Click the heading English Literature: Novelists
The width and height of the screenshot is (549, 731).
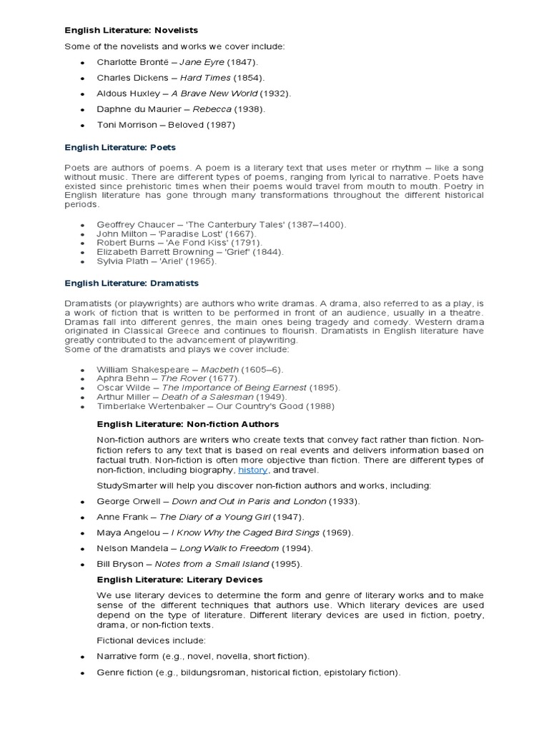click(x=132, y=30)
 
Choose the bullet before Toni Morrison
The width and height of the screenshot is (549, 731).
click(x=82, y=126)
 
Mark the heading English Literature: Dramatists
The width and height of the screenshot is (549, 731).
click(x=132, y=283)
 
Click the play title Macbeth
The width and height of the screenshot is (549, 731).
click(x=219, y=369)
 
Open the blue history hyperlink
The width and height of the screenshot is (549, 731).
click(x=253, y=470)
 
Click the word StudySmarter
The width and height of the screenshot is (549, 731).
click(x=124, y=485)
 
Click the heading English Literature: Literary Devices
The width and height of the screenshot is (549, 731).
click(x=179, y=580)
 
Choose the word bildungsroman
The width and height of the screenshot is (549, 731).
click(x=204, y=672)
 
